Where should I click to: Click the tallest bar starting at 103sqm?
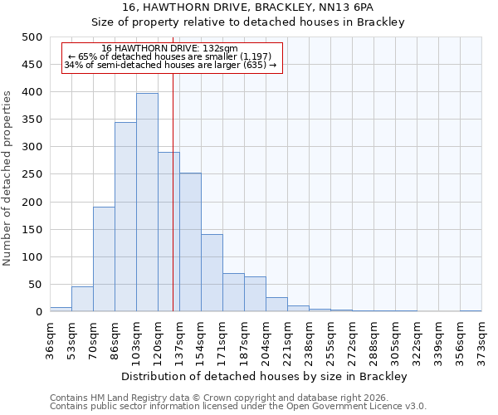[147, 203]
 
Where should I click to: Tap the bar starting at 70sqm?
[104, 259]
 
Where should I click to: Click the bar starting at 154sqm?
[212, 273]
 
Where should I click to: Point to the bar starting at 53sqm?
[82, 299]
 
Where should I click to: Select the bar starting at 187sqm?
[255, 295]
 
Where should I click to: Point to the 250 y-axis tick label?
[32, 174]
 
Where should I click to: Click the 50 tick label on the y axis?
[35, 285]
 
